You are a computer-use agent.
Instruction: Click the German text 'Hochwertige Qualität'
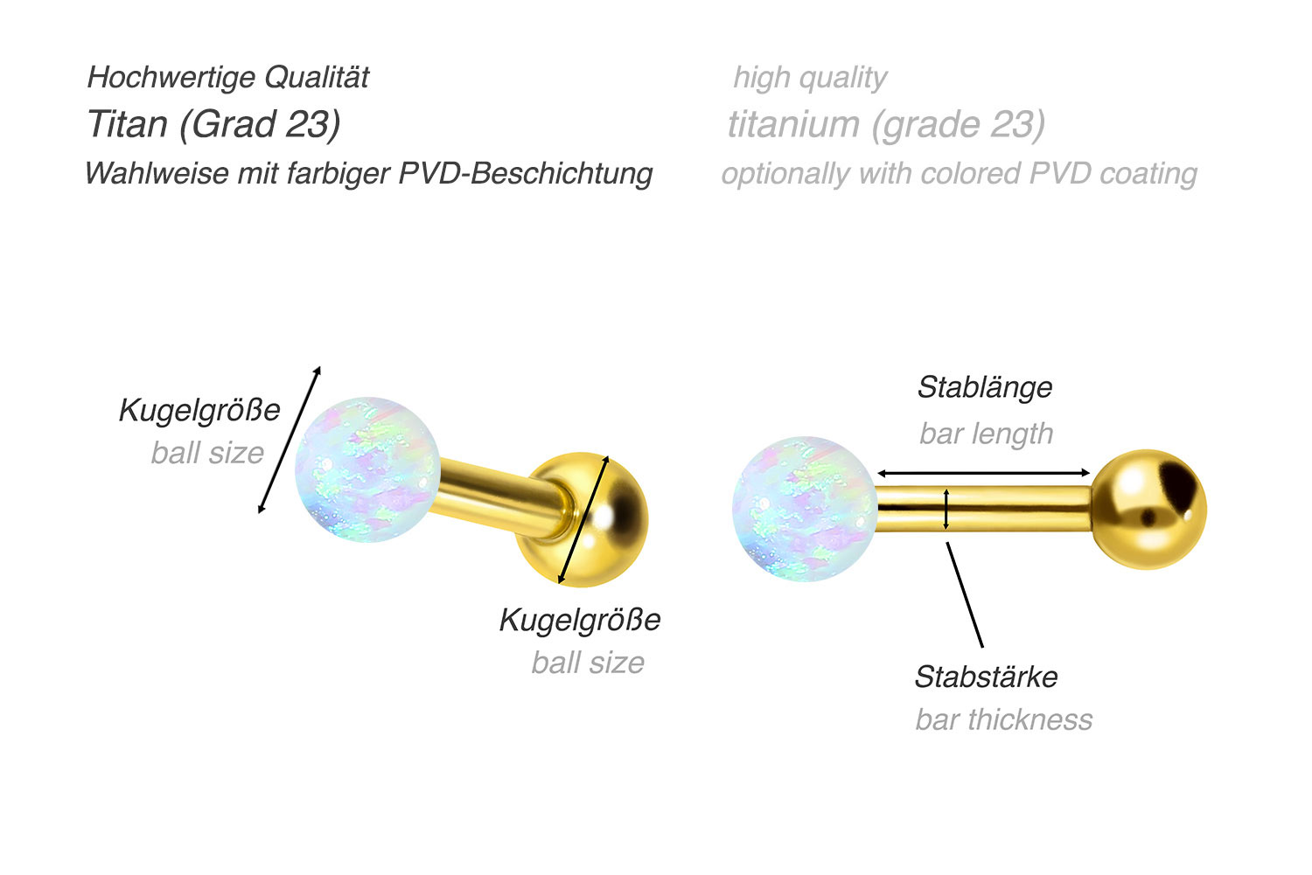228,78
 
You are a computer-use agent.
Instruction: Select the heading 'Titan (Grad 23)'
213,124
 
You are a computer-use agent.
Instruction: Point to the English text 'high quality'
810,78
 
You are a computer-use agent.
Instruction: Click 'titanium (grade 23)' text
886,124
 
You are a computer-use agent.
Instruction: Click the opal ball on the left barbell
366,469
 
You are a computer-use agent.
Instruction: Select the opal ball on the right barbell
804,510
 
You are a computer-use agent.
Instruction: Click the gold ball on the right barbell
1149,510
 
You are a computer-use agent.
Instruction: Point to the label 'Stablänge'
985,387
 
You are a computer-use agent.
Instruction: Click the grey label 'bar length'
986,434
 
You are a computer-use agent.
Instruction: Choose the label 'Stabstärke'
986,677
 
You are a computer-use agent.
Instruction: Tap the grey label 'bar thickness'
1003,719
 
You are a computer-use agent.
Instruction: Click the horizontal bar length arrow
984,473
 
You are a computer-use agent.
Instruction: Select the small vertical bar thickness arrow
946,510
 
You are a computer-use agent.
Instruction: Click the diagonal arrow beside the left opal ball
290,440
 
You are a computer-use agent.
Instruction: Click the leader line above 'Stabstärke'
965,594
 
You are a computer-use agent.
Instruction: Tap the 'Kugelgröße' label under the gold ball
580,620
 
